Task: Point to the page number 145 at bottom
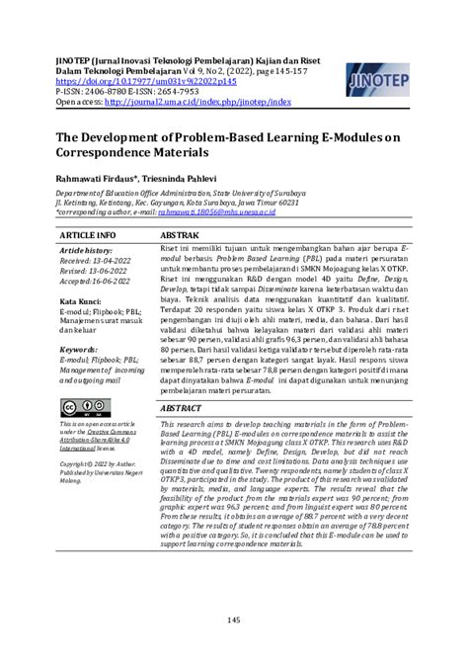coord(234,620)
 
